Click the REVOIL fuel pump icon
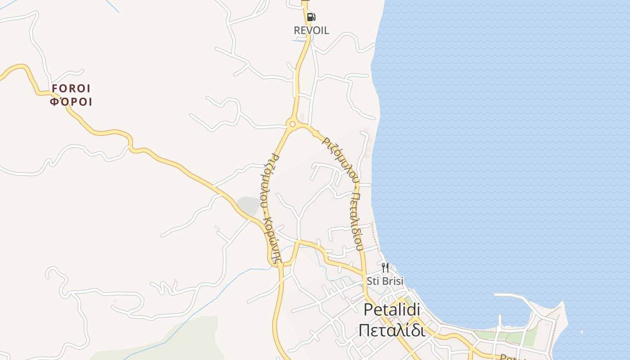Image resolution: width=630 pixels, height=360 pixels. coord(311,18)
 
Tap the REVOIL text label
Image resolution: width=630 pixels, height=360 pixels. coord(311,31)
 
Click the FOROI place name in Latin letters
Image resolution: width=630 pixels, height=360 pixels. coord(71,88)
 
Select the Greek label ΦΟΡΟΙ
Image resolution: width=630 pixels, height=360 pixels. coord(71,102)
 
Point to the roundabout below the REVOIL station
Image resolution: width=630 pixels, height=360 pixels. coord(292,124)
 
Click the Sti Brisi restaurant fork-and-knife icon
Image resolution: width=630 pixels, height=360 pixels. coord(385,268)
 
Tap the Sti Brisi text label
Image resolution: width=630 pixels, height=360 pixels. coord(385,281)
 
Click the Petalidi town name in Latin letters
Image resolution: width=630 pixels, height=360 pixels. coord(391,310)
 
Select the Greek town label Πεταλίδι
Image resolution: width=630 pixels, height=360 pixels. coord(391,330)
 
